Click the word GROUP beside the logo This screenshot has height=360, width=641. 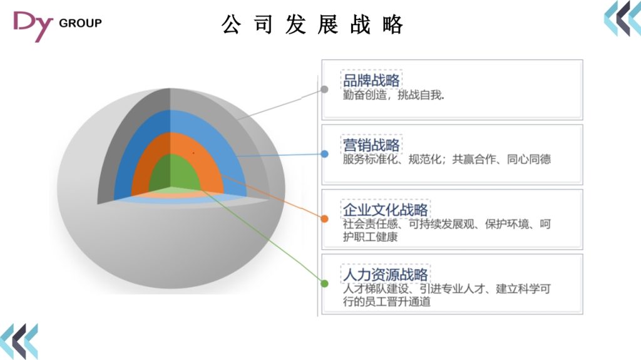(79, 23)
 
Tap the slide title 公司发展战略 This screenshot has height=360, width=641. (312, 24)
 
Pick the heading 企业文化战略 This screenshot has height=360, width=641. (385, 209)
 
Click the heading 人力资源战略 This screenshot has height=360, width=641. (385, 274)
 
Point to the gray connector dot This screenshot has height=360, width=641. (324, 89)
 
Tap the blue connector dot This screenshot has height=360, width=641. (324, 153)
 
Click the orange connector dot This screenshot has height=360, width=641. (324, 219)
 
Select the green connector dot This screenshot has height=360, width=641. (324, 283)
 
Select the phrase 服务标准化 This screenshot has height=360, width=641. (367, 160)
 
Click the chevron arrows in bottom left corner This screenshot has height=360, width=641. (19, 341)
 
